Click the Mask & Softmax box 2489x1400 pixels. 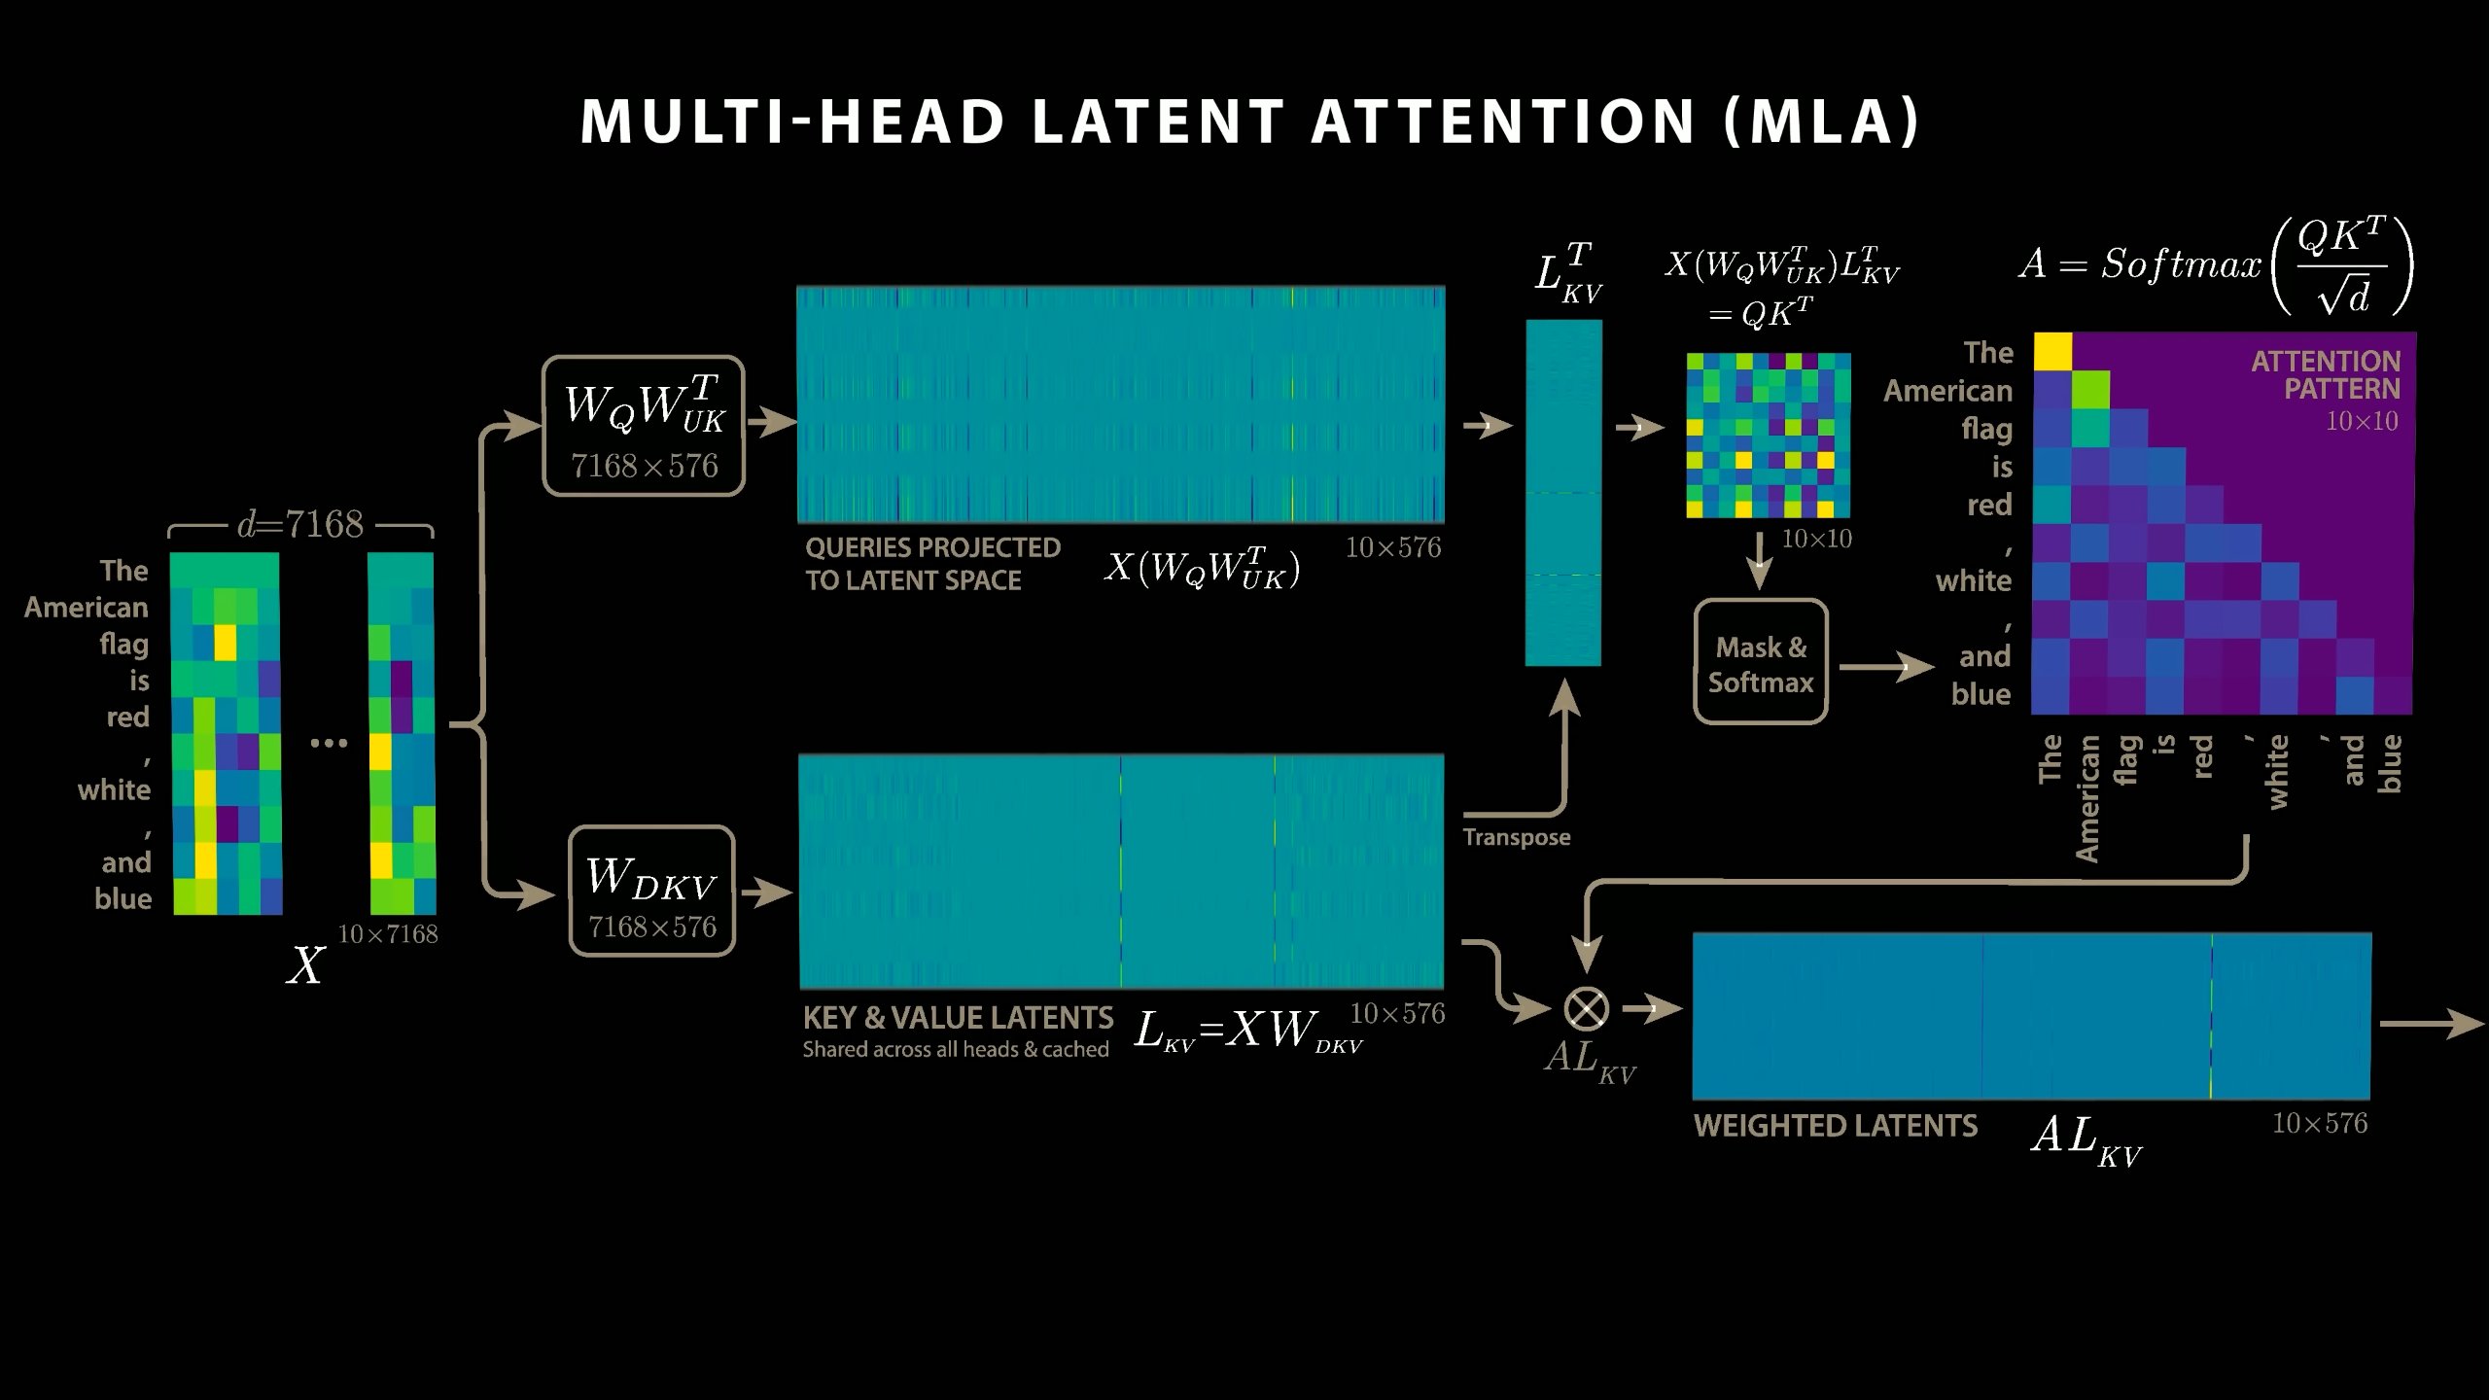[1761, 662]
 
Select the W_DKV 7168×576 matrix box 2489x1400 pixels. [651, 891]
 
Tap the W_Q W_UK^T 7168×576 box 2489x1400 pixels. [644, 426]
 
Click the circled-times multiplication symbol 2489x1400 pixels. [1586, 1008]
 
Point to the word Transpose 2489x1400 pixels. [1517, 837]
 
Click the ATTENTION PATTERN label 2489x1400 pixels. [2326, 375]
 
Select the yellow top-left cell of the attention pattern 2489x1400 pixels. [2052, 352]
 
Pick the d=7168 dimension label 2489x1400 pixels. [300, 525]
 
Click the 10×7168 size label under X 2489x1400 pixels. [388, 934]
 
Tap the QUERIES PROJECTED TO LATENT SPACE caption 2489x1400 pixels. [932, 564]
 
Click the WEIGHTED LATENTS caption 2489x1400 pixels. [1836, 1126]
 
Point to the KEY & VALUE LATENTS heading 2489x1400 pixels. [958, 1018]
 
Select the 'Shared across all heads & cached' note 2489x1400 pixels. [956, 1050]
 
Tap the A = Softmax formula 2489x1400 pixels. [2216, 264]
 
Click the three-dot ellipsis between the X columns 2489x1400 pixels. [329, 744]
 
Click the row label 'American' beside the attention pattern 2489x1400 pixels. [1947, 391]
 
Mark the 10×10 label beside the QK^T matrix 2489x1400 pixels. [1816, 539]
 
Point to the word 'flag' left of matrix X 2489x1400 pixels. [123, 645]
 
